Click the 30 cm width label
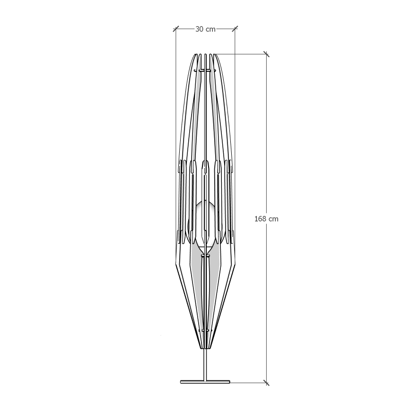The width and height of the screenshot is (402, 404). [x=205, y=29]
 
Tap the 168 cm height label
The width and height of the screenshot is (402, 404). [x=266, y=219]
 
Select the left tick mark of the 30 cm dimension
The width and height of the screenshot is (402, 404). [x=176, y=29]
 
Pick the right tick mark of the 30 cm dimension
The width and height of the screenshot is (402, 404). [x=235, y=29]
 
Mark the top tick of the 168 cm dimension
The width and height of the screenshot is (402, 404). [x=266, y=54]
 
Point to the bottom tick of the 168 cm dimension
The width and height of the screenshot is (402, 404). [x=266, y=383]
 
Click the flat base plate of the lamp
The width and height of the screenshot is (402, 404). [x=205, y=382]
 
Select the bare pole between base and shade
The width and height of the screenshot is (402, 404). [x=205, y=365]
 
